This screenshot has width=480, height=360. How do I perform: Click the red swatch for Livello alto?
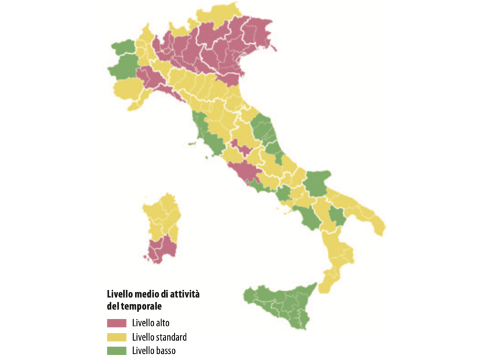pos(116,323)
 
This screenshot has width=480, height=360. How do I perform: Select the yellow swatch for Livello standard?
pos(116,337)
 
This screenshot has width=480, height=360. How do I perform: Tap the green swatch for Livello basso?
pos(116,350)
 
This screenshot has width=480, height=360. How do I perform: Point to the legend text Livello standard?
pos(159,337)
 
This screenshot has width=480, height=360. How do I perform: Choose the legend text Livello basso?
pos(154,350)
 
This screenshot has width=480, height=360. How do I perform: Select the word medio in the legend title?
pos(147,294)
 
